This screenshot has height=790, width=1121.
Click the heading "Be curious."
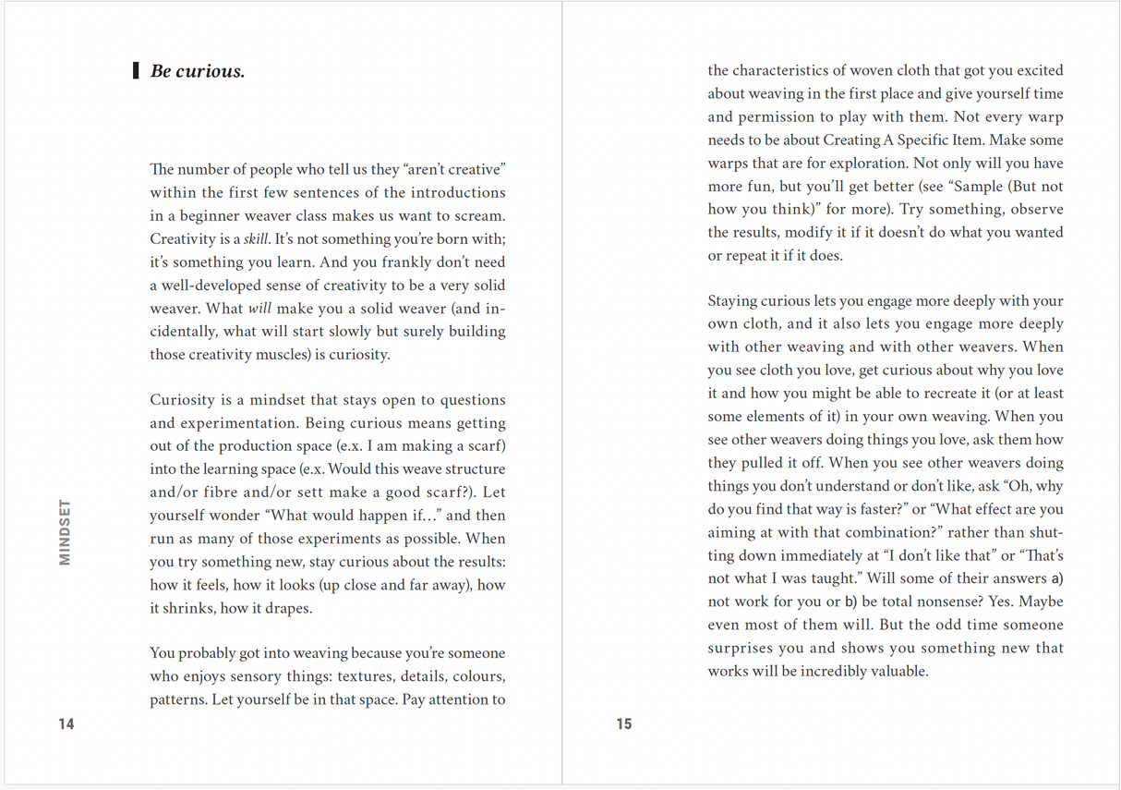click(198, 71)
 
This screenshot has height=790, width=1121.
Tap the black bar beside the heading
click(137, 70)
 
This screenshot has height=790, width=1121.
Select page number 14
click(66, 723)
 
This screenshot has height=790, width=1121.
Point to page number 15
click(624, 723)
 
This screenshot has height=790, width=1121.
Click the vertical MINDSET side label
click(65, 532)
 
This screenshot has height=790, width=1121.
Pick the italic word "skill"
click(256, 239)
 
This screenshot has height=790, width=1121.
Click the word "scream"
click(479, 216)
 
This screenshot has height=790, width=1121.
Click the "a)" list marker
click(1057, 579)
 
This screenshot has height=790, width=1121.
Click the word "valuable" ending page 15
click(897, 672)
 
